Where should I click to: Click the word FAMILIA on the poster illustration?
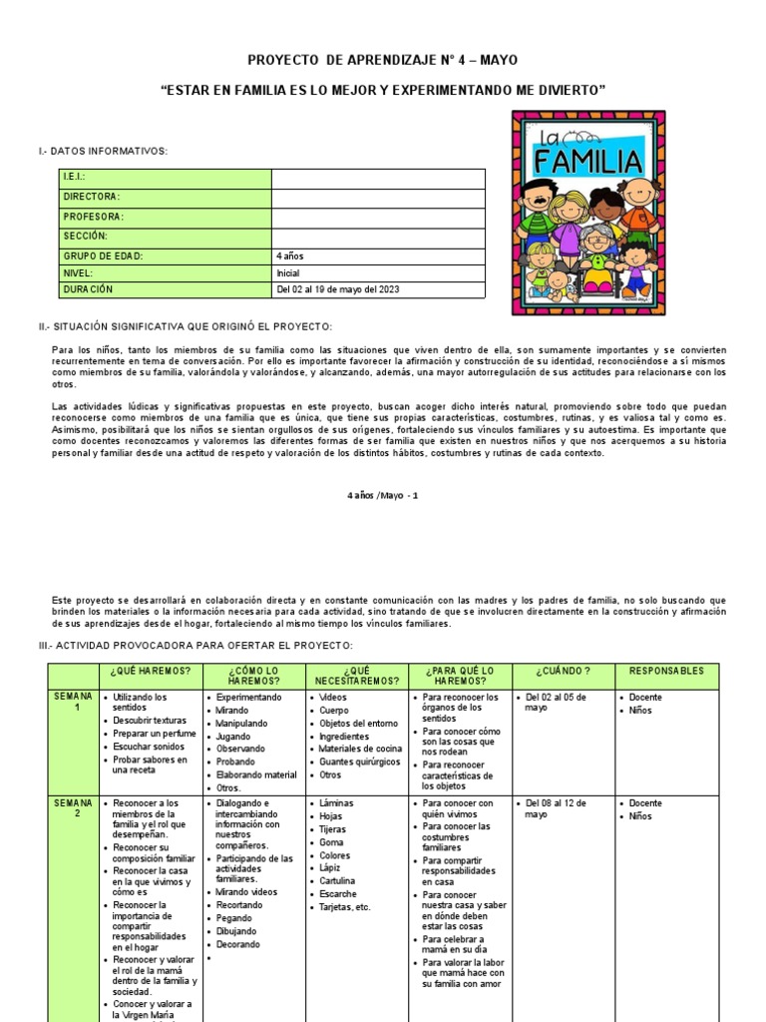[x=587, y=162]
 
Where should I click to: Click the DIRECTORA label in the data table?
[x=92, y=198]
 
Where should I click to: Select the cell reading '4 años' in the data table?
[x=290, y=255]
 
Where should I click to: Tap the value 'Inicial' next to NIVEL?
[x=287, y=272]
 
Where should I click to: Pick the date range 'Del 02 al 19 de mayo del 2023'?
[x=337, y=290]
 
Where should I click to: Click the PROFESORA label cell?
[x=94, y=217]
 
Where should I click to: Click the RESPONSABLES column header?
[x=667, y=672]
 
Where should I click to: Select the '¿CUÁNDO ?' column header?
[x=563, y=672]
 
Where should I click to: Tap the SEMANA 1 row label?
[x=74, y=702]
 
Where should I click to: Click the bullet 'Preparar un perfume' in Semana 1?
[x=154, y=734]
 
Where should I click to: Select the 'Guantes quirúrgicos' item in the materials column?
[x=360, y=762]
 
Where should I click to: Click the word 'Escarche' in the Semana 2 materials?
[x=337, y=894]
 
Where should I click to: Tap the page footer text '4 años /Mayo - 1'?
[x=383, y=495]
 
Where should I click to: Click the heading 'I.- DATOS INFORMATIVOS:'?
[x=103, y=151]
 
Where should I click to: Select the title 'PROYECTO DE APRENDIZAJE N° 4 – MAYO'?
[x=383, y=60]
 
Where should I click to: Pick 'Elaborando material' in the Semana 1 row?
[x=256, y=774]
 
